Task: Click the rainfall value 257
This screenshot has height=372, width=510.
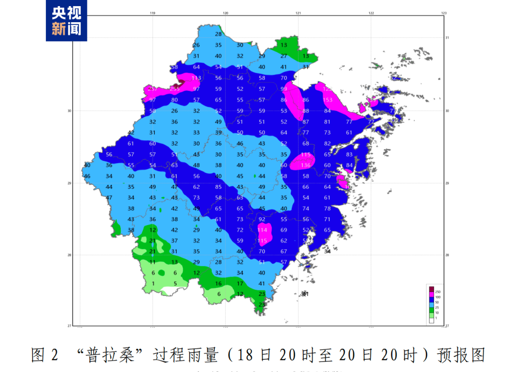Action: (x=153, y=89)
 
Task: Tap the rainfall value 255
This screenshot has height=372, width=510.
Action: (x=175, y=89)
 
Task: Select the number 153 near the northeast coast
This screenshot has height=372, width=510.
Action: (x=327, y=100)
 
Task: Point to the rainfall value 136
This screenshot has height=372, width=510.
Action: (x=306, y=165)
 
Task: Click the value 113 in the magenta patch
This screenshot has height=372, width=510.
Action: (x=196, y=78)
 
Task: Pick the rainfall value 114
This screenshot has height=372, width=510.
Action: (x=262, y=230)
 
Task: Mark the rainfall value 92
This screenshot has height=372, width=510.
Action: (x=262, y=219)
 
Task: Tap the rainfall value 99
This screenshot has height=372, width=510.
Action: (x=284, y=89)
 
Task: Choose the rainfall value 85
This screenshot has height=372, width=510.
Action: (x=218, y=187)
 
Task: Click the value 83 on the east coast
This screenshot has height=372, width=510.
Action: (x=349, y=154)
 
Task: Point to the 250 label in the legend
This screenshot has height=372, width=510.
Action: (x=438, y=292)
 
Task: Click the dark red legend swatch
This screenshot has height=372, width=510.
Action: (x=431, y=290)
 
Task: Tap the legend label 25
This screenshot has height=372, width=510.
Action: (x=437, y=308)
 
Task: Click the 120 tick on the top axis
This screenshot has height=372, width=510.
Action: (x=225, y=13)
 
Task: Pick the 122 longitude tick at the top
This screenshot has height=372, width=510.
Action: (x=371, y=13)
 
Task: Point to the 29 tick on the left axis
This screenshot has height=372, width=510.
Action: (x=70, y=183)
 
